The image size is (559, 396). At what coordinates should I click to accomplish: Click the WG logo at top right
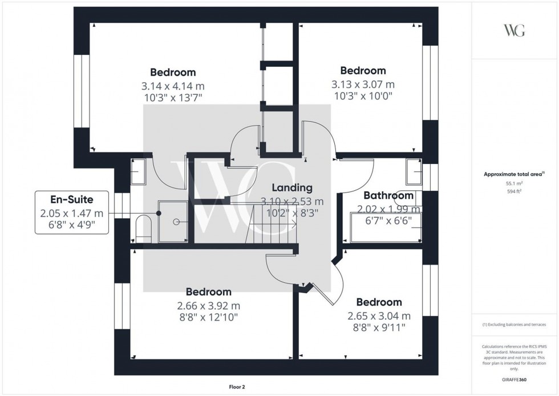pos(515,30)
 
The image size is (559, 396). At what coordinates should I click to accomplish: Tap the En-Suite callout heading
pos(71,199)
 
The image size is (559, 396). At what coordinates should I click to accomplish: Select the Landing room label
pos(292,187)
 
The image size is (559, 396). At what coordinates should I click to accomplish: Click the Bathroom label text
pos(388,195)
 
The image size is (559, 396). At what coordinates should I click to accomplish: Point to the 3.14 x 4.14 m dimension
pos(173,86)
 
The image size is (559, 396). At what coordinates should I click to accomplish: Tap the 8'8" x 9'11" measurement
pos(379,328)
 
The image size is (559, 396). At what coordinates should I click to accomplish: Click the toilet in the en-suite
pos(143,227)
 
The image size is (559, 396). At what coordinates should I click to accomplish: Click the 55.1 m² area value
pos(515,183)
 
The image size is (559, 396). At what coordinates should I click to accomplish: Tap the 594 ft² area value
pos(515,191)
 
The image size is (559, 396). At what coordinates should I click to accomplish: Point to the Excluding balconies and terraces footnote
pos(515,324)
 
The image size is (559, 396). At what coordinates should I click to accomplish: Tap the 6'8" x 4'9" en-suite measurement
pos(71,225)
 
